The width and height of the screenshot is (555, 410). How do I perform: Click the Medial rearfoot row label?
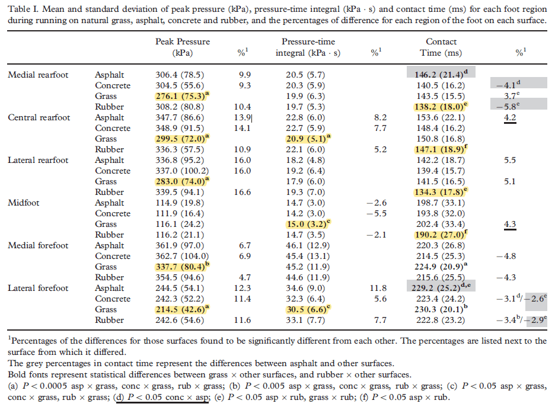[x=38, y=75]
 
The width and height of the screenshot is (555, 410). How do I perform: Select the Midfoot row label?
[x=24, y=203]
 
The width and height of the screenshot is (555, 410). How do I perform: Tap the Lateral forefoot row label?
[x=38, y=288]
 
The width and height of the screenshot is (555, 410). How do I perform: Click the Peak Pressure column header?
[x=183, y=47]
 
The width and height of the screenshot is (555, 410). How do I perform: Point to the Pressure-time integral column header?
[x=308, y=47]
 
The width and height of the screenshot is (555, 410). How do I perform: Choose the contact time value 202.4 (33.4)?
[x=439, y=224]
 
